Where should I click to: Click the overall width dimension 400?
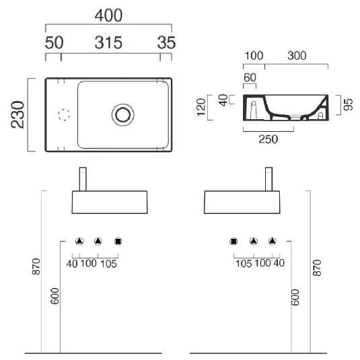click(108, 15)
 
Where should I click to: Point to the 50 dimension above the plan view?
click(54, 43)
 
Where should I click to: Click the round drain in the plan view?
click(123, 114)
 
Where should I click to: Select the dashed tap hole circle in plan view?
click(65, 114)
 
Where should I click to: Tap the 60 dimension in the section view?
click(250, 78)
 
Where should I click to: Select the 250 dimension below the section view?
click(267, 139)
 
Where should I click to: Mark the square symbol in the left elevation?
click(118, 241)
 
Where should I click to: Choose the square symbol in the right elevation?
click(234, 241)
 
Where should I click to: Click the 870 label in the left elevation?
click(36, 266)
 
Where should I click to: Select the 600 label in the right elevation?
click(294, 297)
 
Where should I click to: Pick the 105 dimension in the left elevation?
click(108, 263)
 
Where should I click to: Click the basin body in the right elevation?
click(242, 201)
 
